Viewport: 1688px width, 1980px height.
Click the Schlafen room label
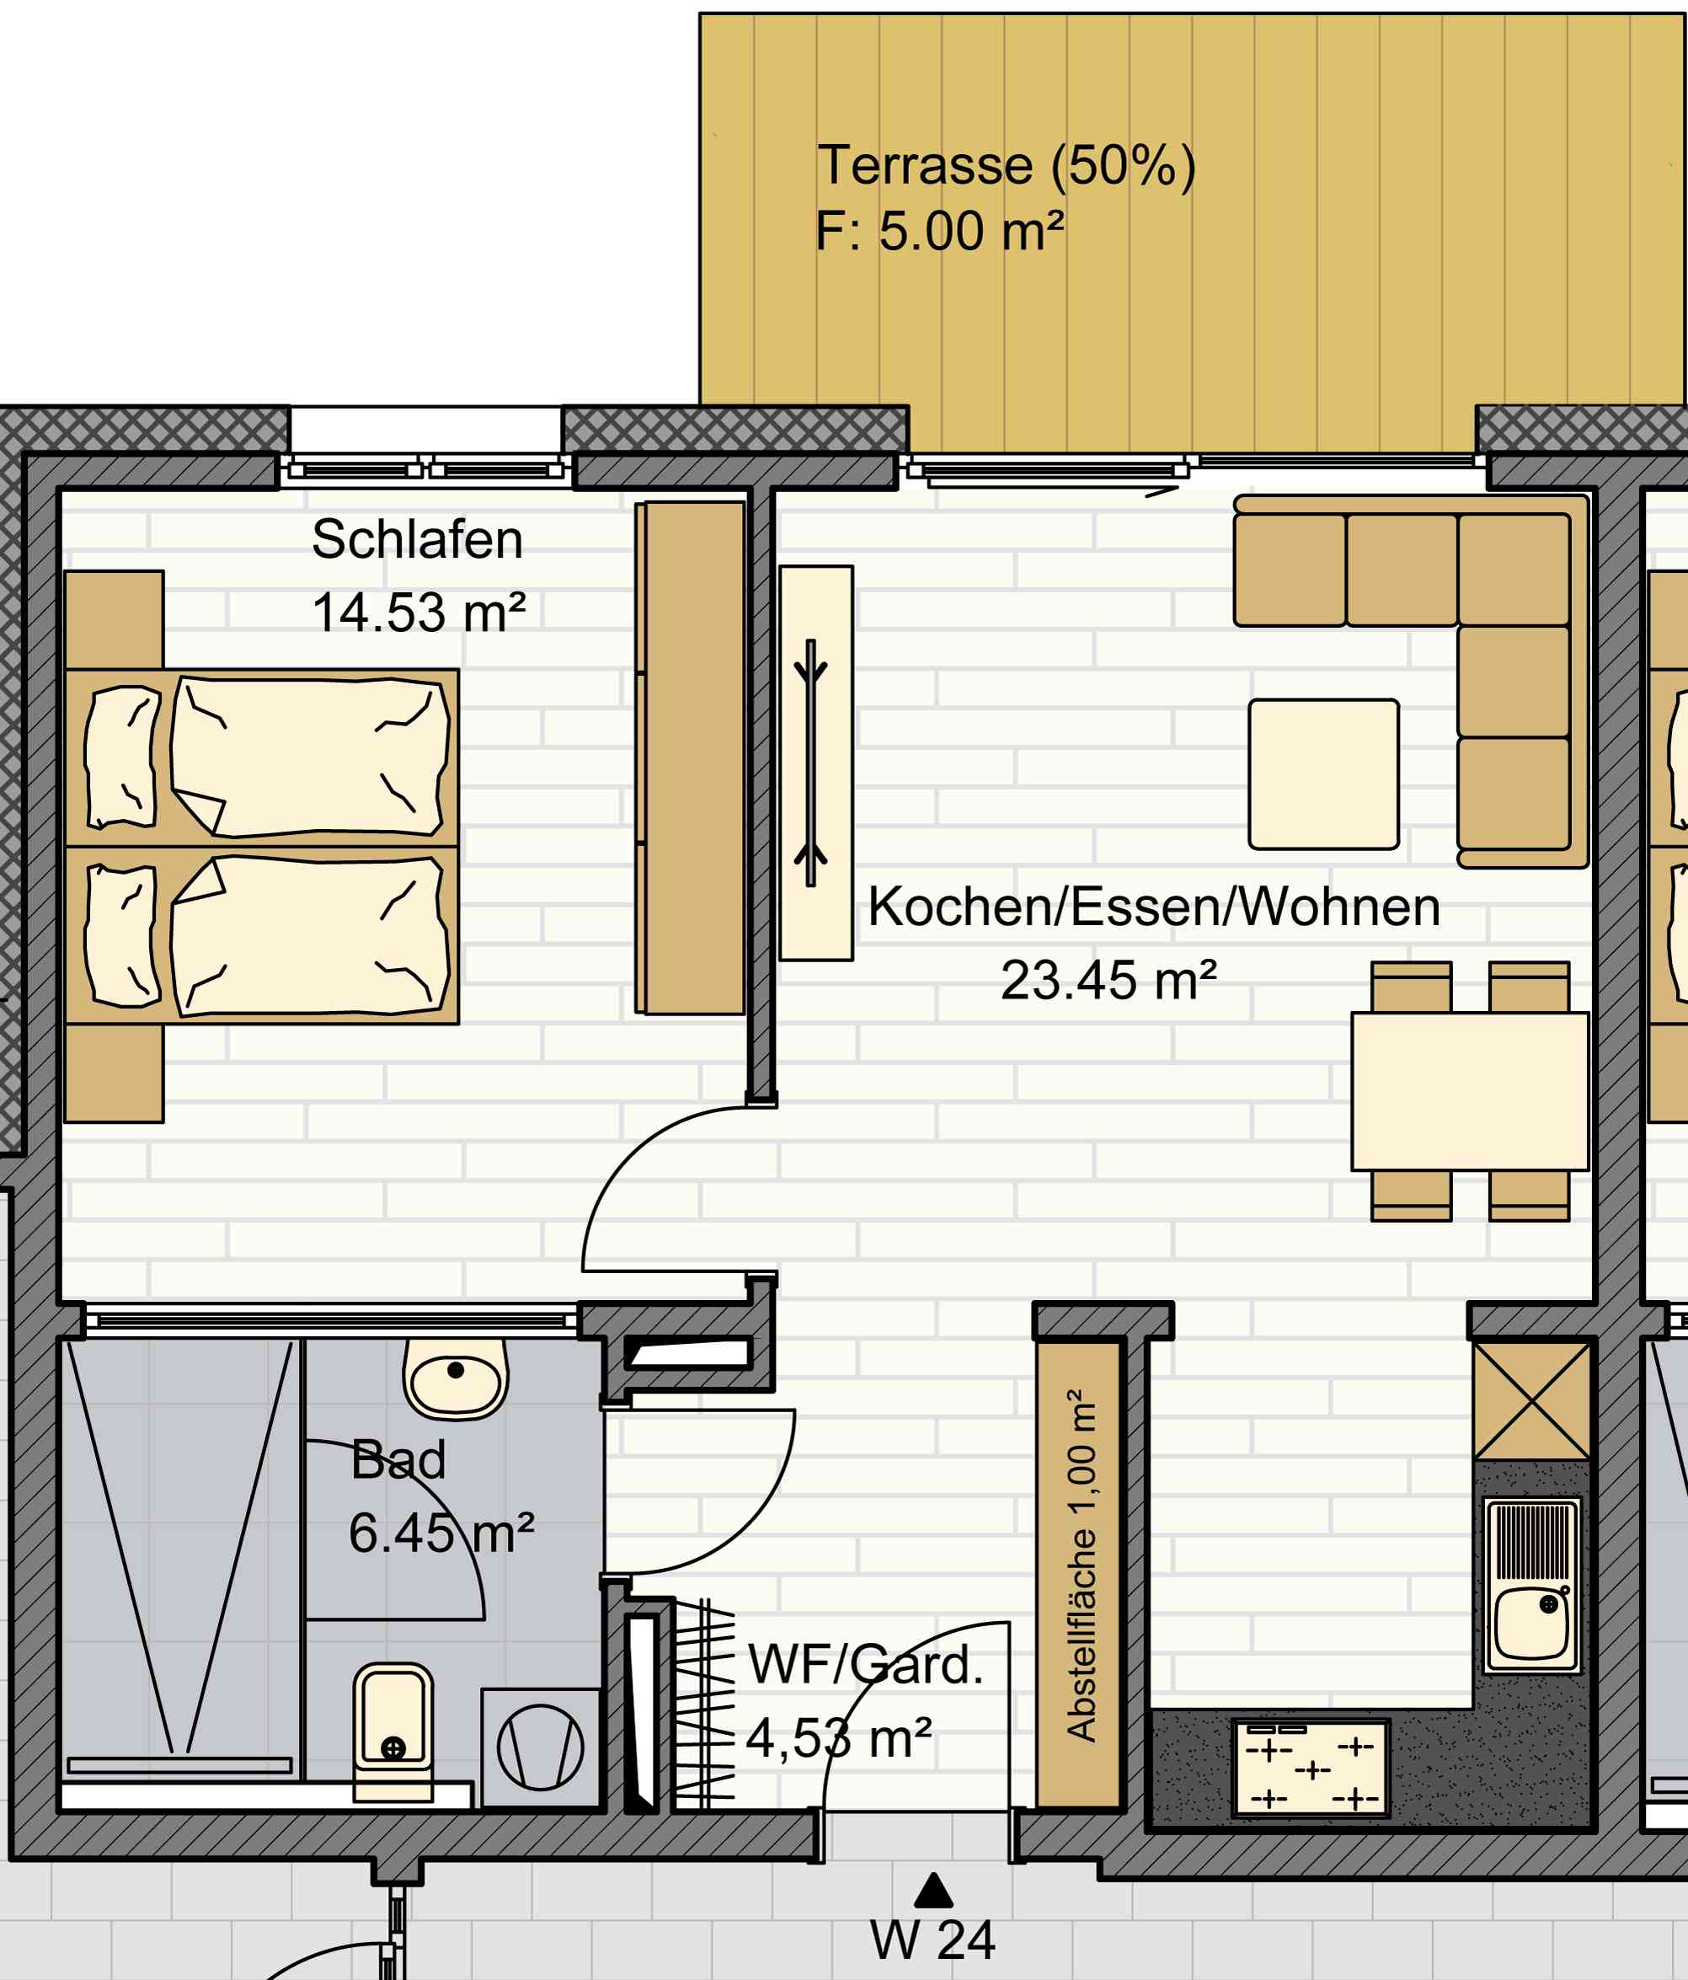coord(418,540)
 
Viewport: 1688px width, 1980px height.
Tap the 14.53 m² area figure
coord(419,613)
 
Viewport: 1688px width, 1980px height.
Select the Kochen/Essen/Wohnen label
coord(1154,907)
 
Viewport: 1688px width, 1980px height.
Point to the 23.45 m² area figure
coord(1109,981)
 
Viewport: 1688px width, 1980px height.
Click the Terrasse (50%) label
coord(1007,166)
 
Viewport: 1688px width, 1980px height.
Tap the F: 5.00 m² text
coord(940,231)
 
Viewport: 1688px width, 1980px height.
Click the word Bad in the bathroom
coord(398,1460)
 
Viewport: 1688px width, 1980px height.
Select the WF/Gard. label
coord(866,1666)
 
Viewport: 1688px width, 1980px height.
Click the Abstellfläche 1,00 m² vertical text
coord(1082,1565)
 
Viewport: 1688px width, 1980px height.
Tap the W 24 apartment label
coord(932,1940)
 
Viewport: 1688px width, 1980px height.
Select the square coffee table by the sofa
coord(1324,774)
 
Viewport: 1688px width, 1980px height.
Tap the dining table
coord(1469,1091)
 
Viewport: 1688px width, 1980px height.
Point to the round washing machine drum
coord(541,1747)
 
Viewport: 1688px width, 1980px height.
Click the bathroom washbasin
coord(456,1377)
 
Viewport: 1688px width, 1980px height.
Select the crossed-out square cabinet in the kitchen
coord(1532,1402)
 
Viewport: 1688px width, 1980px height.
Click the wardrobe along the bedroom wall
coord(691,757)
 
